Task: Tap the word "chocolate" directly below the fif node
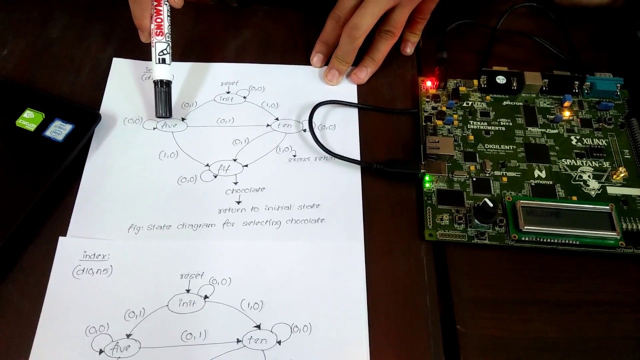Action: click(x=245, y=190)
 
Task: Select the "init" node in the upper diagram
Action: click(x=230, y=98)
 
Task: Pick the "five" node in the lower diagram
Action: click(x=121, y=347)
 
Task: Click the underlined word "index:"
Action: click(x=95, y=256)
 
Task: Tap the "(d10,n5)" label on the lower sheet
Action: click(x=91, y=271)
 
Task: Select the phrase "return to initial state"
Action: click(x=269, y=206)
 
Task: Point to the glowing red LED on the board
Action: click(x=428, y=82)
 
